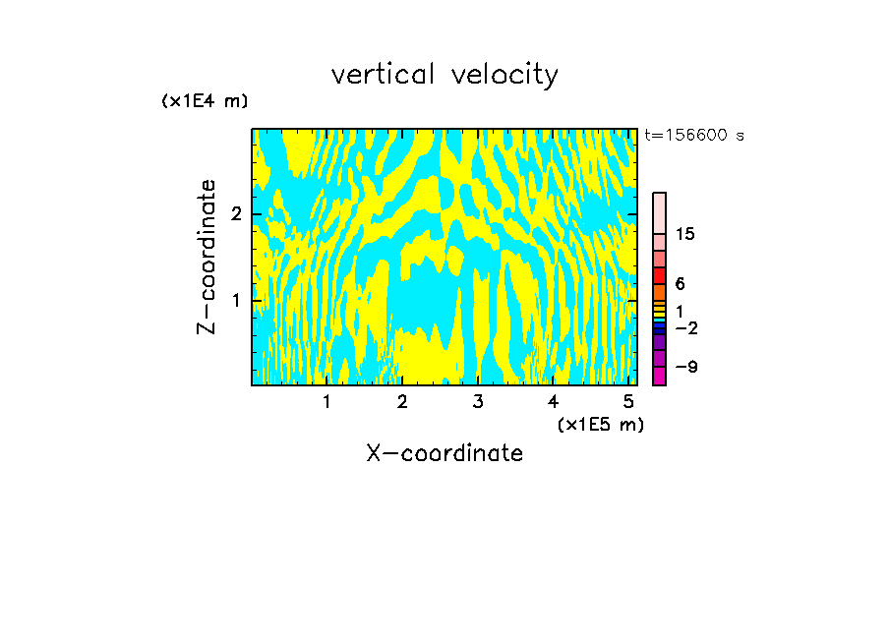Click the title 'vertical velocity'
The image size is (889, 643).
[444, 75]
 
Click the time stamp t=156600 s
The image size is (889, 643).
[694, 135]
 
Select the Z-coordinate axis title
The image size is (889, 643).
[207, 257]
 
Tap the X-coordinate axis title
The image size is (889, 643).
[444, 453]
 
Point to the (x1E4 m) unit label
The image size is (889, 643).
[205, 101]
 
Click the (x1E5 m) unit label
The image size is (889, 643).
[600, 424]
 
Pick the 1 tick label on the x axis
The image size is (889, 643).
[327, 402]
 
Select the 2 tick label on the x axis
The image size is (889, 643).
[402, 402]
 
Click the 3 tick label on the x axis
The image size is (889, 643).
[478, 402]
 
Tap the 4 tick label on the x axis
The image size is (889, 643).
[554, 402]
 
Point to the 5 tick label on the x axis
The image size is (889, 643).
[628, 402]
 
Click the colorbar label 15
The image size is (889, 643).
[685, 234]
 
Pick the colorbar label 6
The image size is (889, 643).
[680, 284]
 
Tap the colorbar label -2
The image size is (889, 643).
[685, 327]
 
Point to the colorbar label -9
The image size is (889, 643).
[685, 367]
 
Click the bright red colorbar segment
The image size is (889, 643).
[659, 275]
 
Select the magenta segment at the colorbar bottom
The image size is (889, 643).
[659, 376]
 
